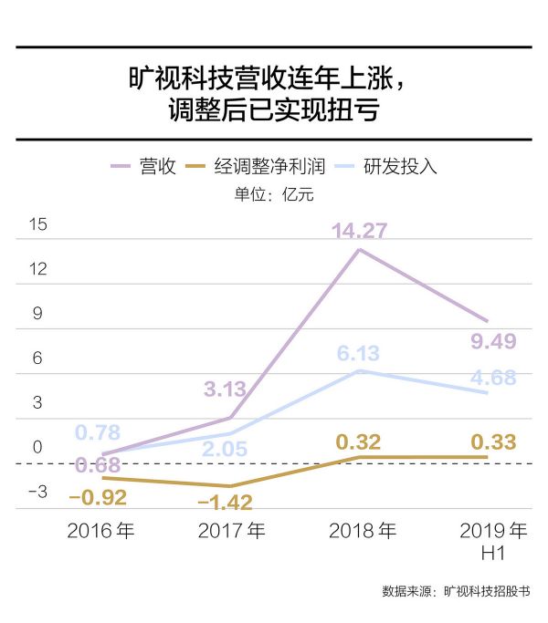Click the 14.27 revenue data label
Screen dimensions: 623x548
[360, 230]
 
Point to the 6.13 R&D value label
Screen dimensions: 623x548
[358, 354]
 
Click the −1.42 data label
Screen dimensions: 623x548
[225, 503]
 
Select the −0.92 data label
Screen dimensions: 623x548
[98, 498]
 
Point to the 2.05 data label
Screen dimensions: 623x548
[224, 448]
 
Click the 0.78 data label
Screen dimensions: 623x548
[97, 432]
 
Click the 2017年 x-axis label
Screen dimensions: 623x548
[231, 531]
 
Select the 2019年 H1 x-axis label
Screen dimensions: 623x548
[493, 541]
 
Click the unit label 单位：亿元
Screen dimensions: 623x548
[273, 193]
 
